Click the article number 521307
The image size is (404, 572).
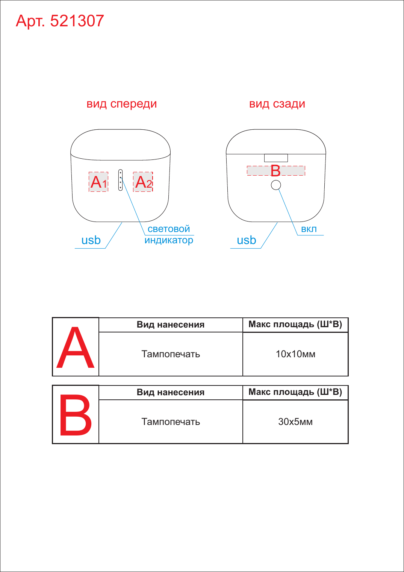(77, 21)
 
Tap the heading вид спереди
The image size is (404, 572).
(121, 104)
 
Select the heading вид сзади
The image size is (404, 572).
(277, 104)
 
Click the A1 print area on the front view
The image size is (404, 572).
(98, 182)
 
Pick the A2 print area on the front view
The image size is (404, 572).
(143, 182)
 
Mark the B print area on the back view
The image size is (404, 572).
(276, 171)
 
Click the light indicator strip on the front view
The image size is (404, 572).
(121, 180)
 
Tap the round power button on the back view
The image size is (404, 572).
(276, 185)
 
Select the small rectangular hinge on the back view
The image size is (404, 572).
(276, 158)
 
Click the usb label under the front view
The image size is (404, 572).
(91, 240)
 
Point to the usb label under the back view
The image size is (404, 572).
(246, 240)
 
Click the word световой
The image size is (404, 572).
(169, 229)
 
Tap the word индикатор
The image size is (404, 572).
(169, 240)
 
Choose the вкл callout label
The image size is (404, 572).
(309, 229)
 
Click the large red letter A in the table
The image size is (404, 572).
(75, 347)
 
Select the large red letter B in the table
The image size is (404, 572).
(76, 415)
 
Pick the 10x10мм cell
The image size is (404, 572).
(295, 354)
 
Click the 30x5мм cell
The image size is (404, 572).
(295, 422)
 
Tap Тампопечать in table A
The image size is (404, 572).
(171, 354)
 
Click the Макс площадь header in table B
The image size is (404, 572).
(295, 392)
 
